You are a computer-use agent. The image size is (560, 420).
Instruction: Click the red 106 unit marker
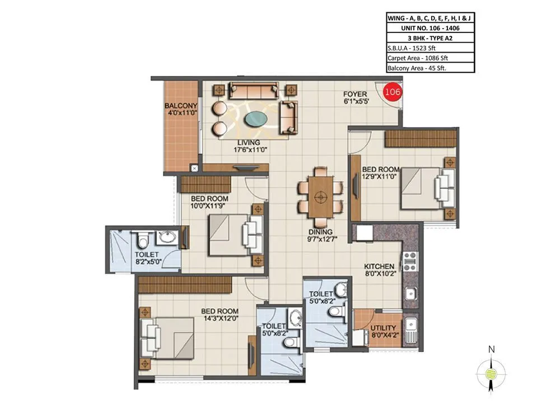(x=392, y=92)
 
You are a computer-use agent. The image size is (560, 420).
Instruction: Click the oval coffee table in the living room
(x=256, y=119)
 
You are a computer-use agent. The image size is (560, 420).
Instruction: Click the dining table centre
(x=320, y=197)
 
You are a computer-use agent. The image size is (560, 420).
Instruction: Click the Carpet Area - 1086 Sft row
(x=417, y=58)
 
